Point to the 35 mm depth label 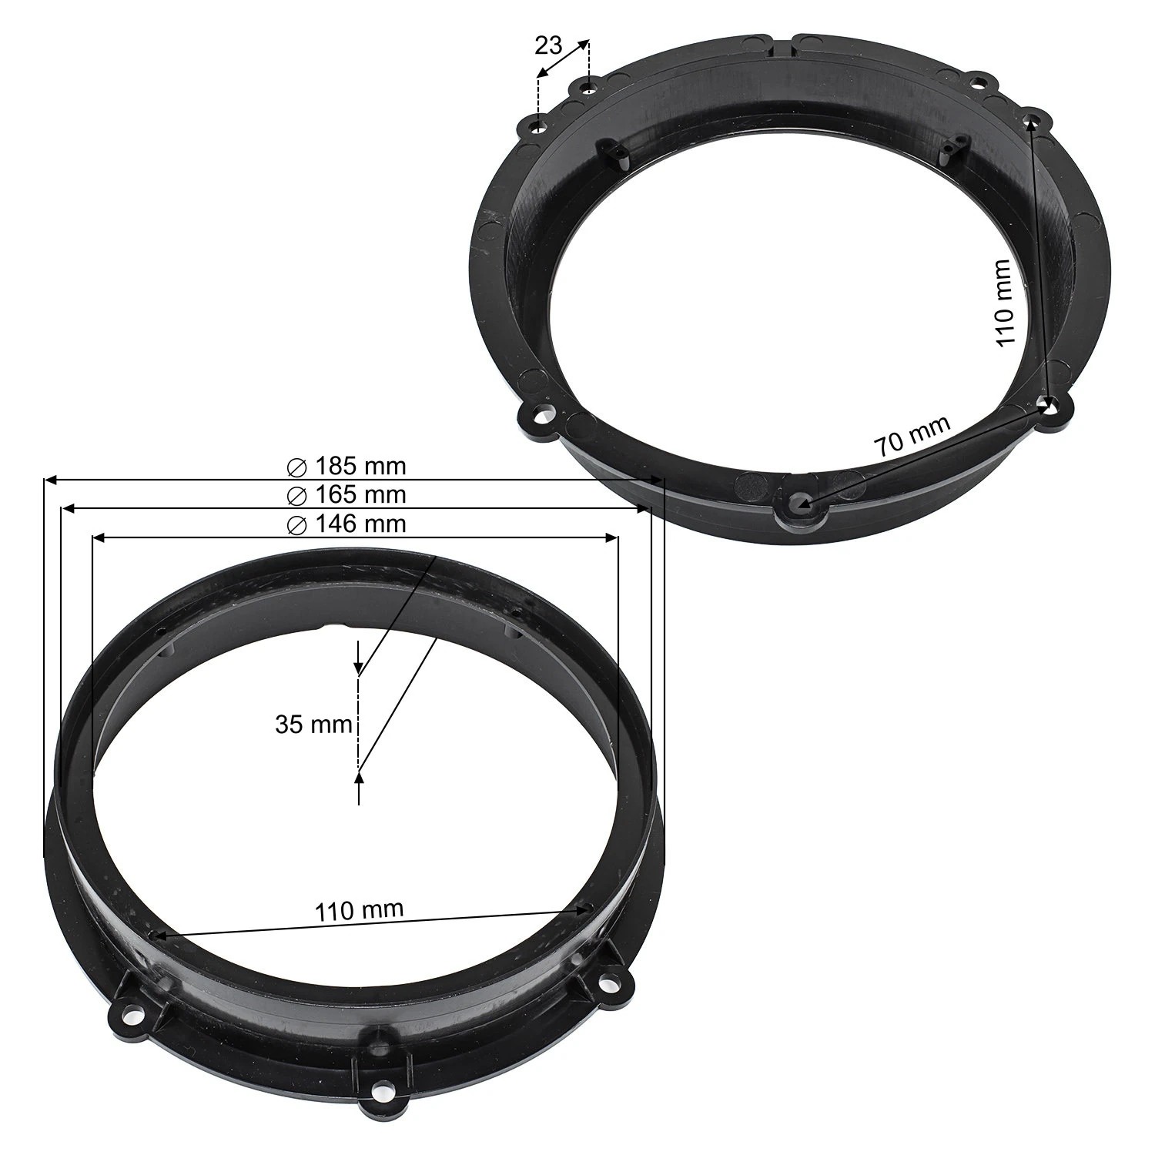313,724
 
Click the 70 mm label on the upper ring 912,437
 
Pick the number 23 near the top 548,46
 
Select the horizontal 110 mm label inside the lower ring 359,910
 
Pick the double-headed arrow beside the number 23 563,59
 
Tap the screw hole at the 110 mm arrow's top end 1032,119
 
